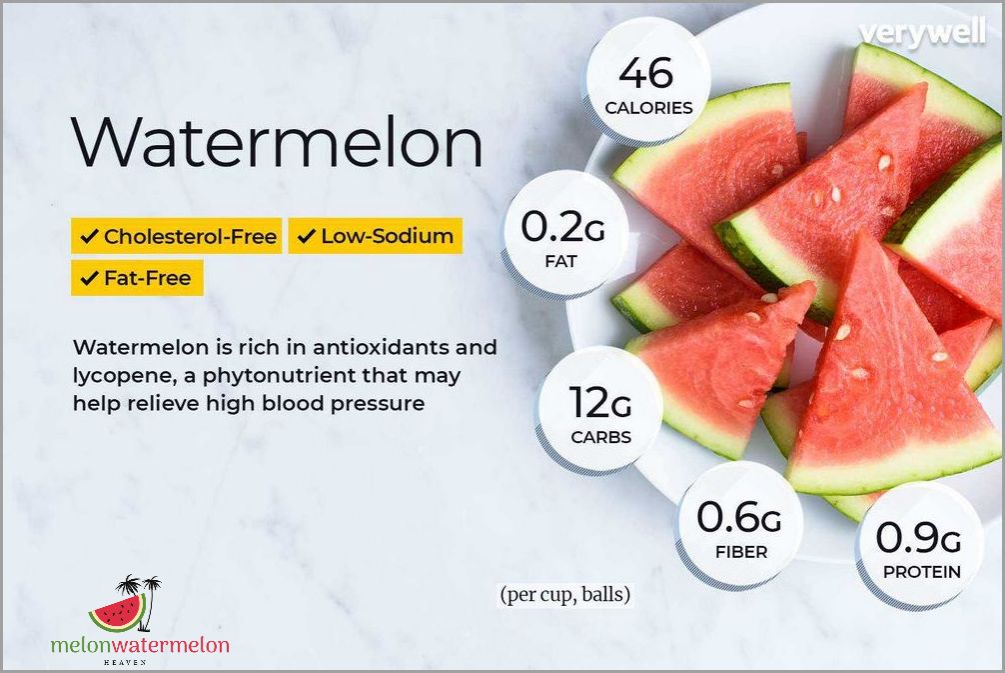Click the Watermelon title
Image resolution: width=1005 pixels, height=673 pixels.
point(277,143)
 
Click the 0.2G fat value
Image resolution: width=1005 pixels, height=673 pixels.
point(562,228)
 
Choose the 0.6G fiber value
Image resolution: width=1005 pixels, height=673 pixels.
point(739,518)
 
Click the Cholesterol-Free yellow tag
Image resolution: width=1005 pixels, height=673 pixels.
point(177,237)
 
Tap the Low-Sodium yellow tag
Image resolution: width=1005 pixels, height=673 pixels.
point(376,237)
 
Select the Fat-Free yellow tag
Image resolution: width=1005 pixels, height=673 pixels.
point(137,278)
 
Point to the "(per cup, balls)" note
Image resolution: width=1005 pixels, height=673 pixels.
point(565,595)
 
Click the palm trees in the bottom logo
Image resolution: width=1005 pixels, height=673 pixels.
point(138,589)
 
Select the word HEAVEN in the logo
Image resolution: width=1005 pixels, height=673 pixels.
point(139,662)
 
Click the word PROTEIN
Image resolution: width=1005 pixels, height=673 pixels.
point(921,572)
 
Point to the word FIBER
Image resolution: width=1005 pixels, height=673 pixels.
point(740,552)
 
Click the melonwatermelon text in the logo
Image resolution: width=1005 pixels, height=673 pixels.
point(140,645)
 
